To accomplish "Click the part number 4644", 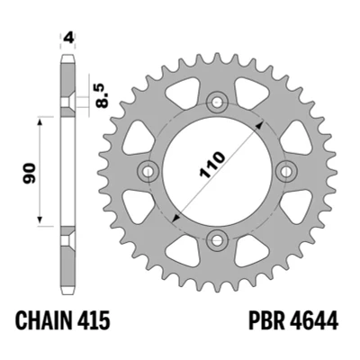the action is pyautogui.click(x=313, y=321).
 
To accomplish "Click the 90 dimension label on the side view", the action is pyautogui.click(x=30, y=173).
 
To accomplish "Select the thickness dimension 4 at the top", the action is pyautogui.click(x=68, y=38).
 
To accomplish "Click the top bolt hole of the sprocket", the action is pyautogui.click(x=216, y=102).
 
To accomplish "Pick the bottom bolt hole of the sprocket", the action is pyautogui.click(x=216, y=240).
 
